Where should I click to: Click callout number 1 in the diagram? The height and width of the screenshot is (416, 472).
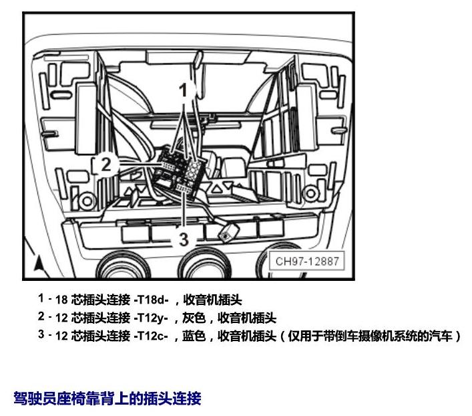(x=184, y=90)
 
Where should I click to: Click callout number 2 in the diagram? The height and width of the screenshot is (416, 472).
(x=106, y=165)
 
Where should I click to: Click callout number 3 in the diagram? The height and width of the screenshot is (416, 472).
(x=184, y=239)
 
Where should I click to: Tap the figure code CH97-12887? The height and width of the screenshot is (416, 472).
(x=307, y=261)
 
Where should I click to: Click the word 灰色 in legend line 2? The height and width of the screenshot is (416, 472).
(x=194, y=318)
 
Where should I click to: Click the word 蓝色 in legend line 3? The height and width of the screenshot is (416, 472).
(x=194, y=336)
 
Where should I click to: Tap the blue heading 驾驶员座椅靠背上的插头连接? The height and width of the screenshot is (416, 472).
(x=107, y=398)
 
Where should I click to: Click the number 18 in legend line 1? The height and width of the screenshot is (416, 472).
(x=61, y=300)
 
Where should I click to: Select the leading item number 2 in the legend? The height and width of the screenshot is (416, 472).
(x=41, y=316)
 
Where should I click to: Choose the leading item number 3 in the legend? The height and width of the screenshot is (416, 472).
(x=41, y=334)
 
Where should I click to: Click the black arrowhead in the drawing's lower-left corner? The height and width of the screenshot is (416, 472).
(x=38, y=263)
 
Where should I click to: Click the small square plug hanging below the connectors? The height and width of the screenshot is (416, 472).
(x=228, y=232)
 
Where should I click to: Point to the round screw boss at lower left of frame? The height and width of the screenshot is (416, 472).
(x=87, y=201)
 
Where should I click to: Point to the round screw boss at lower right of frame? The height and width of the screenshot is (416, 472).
(x=310, y=193)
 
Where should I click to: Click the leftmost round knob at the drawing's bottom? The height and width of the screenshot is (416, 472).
(x=124, y=266)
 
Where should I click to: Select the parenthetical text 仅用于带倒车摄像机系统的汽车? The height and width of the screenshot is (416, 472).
(x=371, y=336)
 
